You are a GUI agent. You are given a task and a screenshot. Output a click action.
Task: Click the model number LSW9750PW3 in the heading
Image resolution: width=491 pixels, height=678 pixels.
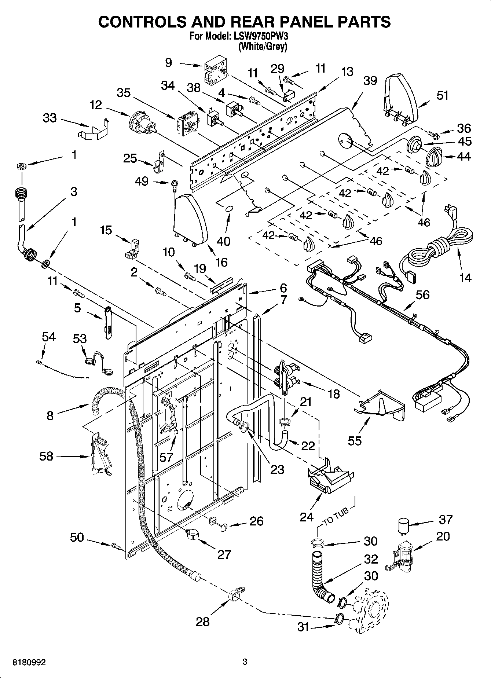tap(256, 37)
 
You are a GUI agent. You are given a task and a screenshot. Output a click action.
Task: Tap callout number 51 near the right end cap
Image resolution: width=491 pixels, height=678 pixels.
tap(443, 96)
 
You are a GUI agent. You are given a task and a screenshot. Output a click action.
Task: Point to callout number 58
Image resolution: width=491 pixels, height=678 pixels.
tap(46, 457)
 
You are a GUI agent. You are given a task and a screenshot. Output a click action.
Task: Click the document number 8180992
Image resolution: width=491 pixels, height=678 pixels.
tap(29, 662)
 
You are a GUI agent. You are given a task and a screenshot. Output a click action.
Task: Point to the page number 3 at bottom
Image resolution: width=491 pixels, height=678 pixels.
tap(245, 662)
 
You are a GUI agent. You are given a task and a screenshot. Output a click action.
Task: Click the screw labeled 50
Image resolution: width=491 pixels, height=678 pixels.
tap(116, 546)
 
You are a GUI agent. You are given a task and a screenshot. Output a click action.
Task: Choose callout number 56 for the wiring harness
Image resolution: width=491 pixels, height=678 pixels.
tap(422, 295)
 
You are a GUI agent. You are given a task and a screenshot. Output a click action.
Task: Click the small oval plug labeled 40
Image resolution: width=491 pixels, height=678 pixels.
tap(229, 208)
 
